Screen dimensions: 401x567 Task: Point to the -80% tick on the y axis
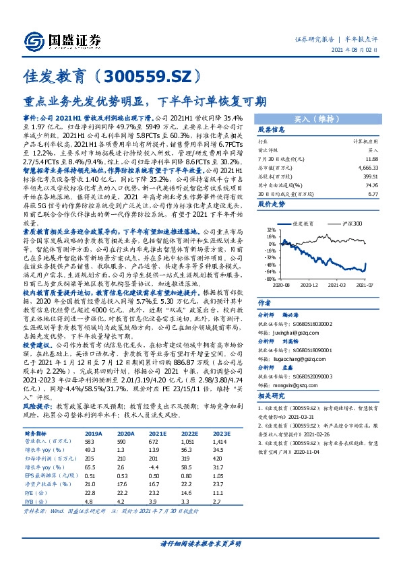270,278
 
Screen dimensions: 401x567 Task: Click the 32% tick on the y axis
271,230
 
